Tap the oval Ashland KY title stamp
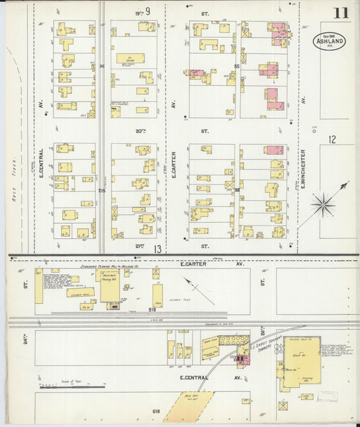(x=330, y=41)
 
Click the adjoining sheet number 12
(x=332, y=139)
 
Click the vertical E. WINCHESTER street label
(x=304, y=169)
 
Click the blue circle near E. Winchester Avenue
(x=314, y=131)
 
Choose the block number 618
(x=156, y=411)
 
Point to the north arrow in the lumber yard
(x=199, y=291)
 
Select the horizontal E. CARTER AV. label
(x=203, y=264)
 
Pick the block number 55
(x=237, y=66)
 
